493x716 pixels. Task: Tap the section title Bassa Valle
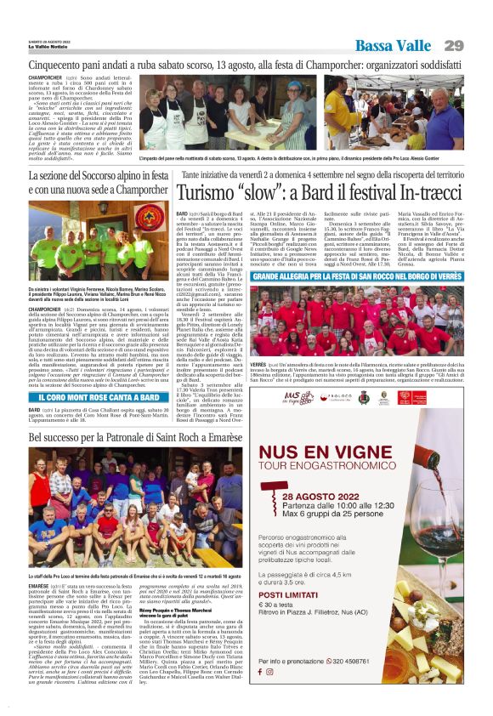pos(394,45)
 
